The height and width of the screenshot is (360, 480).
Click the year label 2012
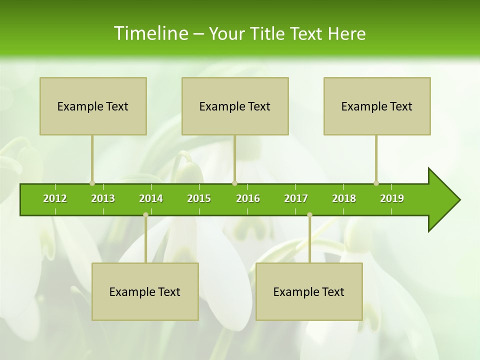point(55,198)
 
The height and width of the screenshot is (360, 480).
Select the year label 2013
point(103,198)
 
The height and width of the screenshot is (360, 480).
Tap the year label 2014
point(151,198)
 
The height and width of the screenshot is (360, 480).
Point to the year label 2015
point(199,198)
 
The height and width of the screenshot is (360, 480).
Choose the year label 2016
point(248,198)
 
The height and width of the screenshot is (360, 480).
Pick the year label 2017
point(296,198)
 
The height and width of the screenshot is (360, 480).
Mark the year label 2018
point(344,198)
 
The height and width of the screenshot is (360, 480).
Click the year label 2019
point(392,198)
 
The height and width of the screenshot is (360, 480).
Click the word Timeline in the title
point(150,33)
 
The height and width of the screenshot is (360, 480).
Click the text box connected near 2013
point(93,106)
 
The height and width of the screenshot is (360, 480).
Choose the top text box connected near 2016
point(235,106)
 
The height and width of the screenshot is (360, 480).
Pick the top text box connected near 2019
point(377,106)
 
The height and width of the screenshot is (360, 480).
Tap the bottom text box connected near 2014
point(145,291)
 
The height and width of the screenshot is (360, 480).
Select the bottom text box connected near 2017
point(309,291)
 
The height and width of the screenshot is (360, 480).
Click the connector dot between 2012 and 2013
point(92,183)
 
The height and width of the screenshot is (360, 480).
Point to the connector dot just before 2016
point(234,183)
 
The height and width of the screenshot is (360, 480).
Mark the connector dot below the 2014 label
point(145,214)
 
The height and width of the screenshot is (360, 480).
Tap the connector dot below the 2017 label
point(309,214)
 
